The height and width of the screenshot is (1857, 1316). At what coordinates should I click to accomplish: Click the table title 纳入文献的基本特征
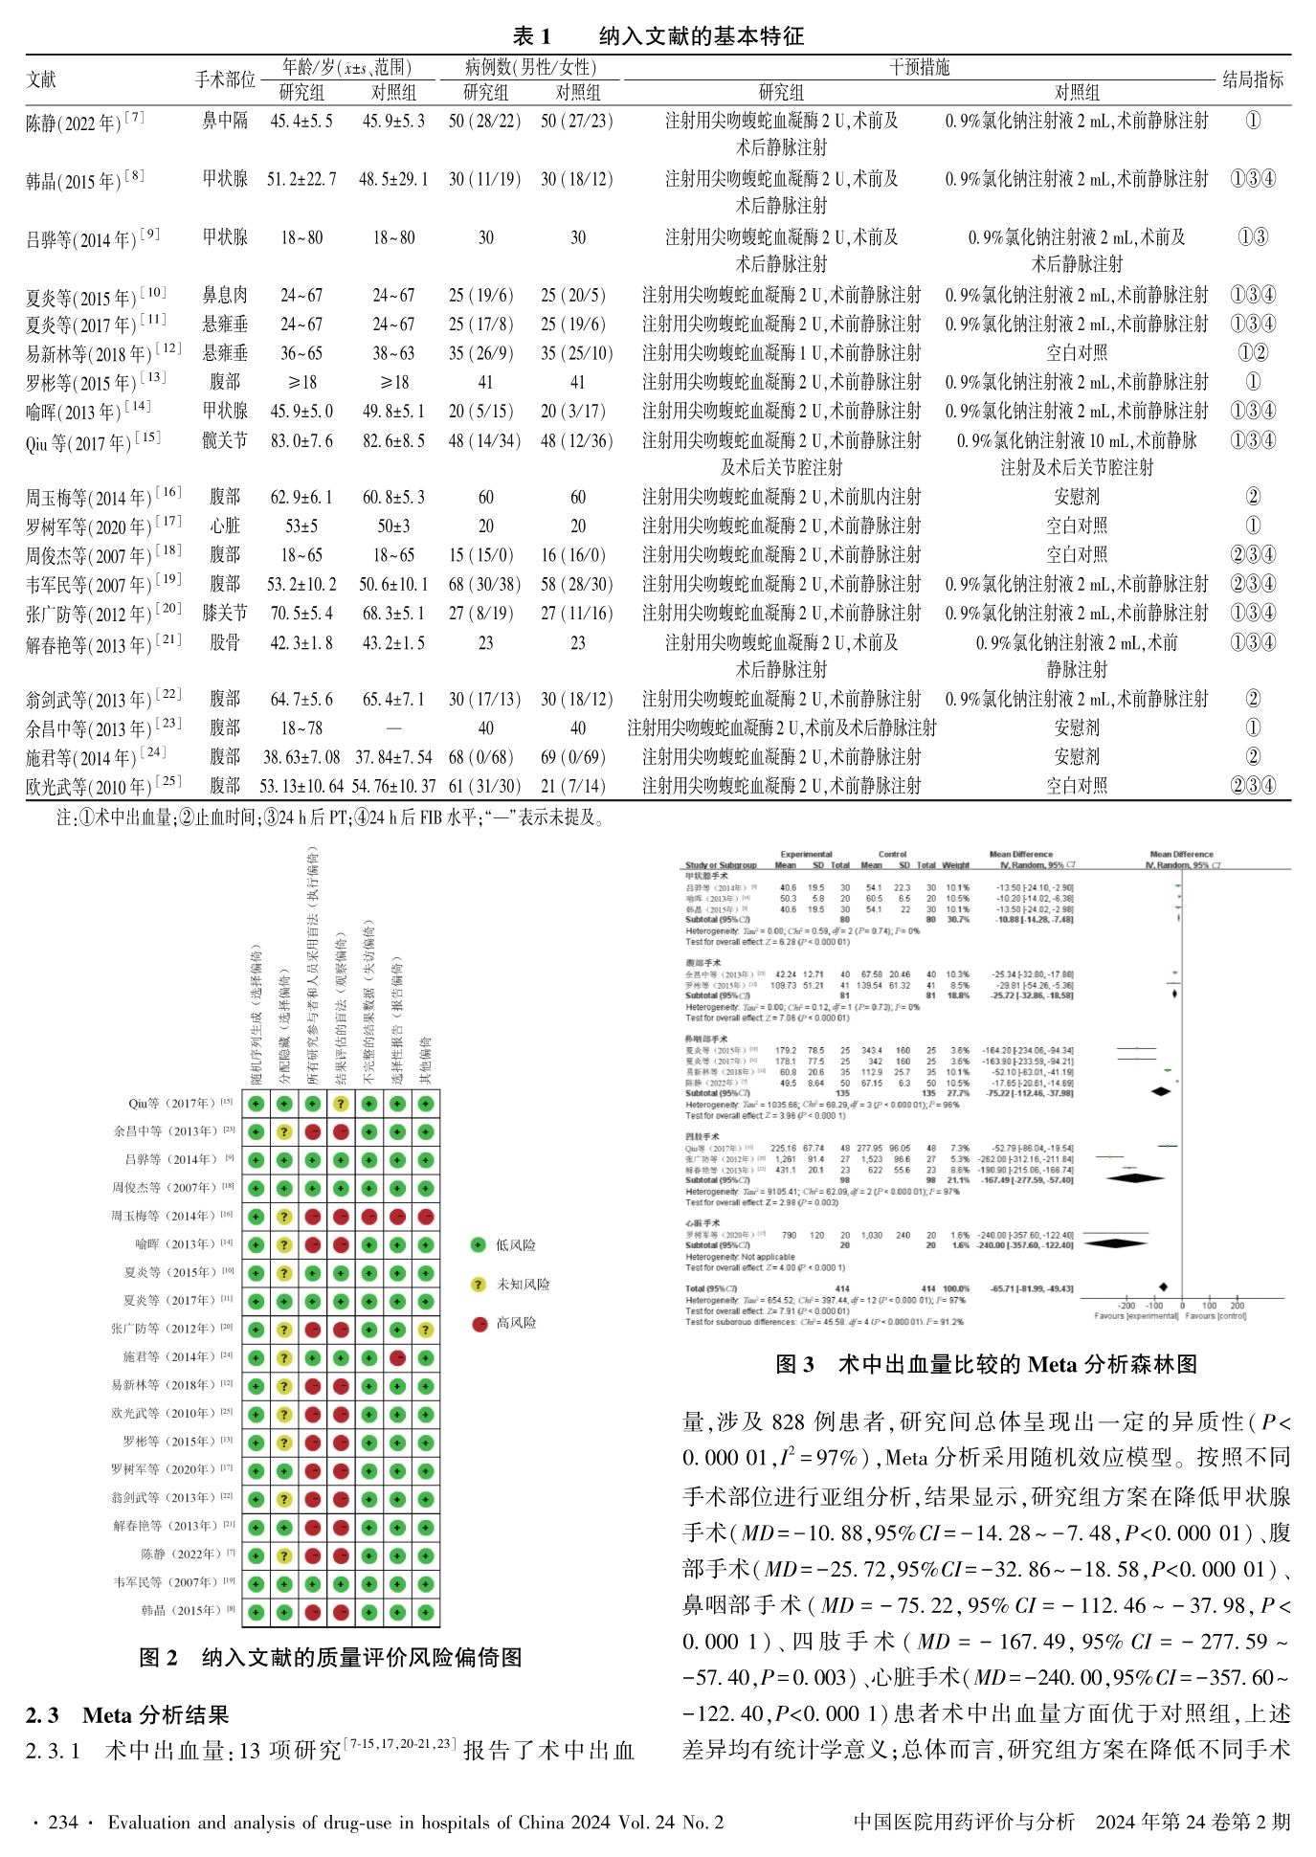tap(701, 36)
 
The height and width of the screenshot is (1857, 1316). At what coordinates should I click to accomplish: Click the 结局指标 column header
tap(1252, 80)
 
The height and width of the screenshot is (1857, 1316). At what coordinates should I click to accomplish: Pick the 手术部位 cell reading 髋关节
tap(225, 440)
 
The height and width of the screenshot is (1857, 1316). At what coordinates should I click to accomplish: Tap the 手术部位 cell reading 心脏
tap(225, 526)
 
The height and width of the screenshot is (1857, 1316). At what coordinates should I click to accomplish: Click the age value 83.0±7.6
tap(301, 440)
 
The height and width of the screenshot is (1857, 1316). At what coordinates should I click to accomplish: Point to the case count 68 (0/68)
tap(485, 757)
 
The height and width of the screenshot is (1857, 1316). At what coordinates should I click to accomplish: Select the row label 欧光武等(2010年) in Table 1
tap(88, 787)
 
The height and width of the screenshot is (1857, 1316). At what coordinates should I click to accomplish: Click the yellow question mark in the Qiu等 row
tap(341, 1104)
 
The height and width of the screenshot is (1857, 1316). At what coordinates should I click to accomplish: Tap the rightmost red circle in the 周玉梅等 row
tap(426, 1217)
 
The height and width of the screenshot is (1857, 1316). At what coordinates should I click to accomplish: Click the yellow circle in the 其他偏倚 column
tap(426, 1330)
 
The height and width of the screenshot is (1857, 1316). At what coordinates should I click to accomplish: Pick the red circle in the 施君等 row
tap(398, 1357)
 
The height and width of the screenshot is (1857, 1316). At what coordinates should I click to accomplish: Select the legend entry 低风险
tap(515, 1245)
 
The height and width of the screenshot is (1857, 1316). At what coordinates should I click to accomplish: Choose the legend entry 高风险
tap(515, 1323)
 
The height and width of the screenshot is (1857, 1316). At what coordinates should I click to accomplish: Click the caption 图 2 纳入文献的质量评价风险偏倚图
tap(330, 1657)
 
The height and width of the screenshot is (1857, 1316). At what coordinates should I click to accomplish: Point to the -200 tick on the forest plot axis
tap(1126, 1306)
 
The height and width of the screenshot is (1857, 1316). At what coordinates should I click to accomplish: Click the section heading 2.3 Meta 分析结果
tap(127, 1714)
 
